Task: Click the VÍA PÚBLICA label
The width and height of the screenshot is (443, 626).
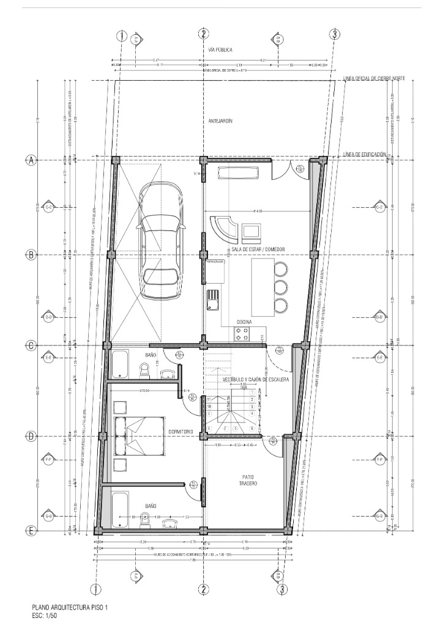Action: pos(220,49)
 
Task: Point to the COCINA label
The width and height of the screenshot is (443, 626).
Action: pos(244,322)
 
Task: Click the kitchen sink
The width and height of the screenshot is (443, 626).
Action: pos(214,300)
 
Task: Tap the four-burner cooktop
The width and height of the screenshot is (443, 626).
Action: pos(241,333)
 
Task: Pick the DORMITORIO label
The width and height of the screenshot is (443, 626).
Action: pos(181,432)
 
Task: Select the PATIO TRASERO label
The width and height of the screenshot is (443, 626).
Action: pos(247,480)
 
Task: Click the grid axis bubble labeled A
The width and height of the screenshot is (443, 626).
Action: pos(31,160)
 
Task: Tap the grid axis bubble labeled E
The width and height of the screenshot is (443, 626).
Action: pos(31,531)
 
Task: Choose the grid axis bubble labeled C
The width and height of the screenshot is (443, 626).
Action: pos(31,345)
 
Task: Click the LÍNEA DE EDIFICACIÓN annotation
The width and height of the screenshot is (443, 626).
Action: pos(365,154)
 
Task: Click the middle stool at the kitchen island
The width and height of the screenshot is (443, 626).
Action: pos(281,287)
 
